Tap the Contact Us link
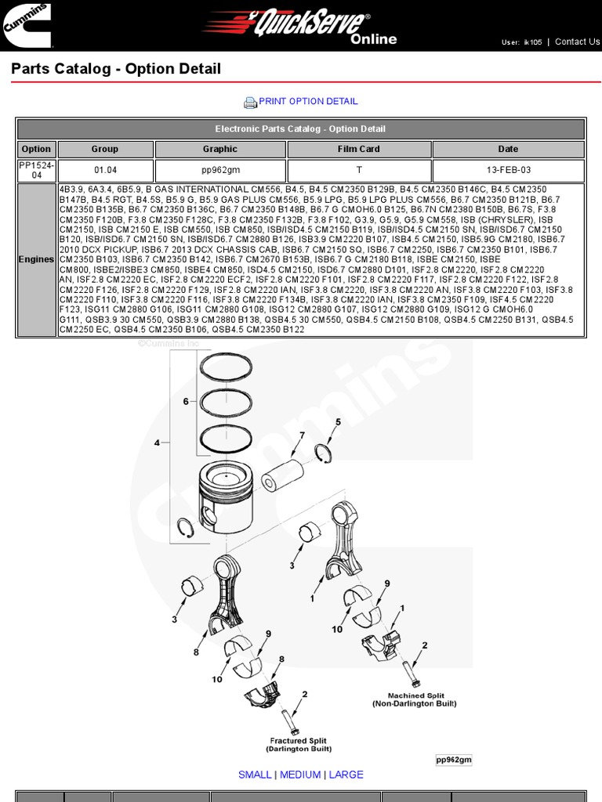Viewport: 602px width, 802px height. click(577, 42)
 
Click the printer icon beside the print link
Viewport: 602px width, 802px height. click(250, 102)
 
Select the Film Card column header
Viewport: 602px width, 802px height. click(359, 149)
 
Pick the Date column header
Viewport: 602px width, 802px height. click(508, 149)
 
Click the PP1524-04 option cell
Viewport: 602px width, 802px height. click(36, 170)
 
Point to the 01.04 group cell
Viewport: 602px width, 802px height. click(105, 170)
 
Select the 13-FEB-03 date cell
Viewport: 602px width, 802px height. click(508, 170)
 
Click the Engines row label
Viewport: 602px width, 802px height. click(37, 259)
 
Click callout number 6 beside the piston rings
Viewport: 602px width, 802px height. click(186, 401)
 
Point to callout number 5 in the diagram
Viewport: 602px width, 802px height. click(339, 423)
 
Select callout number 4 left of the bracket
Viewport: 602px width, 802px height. click(157, 443)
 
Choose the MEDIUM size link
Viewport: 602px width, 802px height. click(300, 775)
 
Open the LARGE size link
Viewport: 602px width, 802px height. click(346, 775)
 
